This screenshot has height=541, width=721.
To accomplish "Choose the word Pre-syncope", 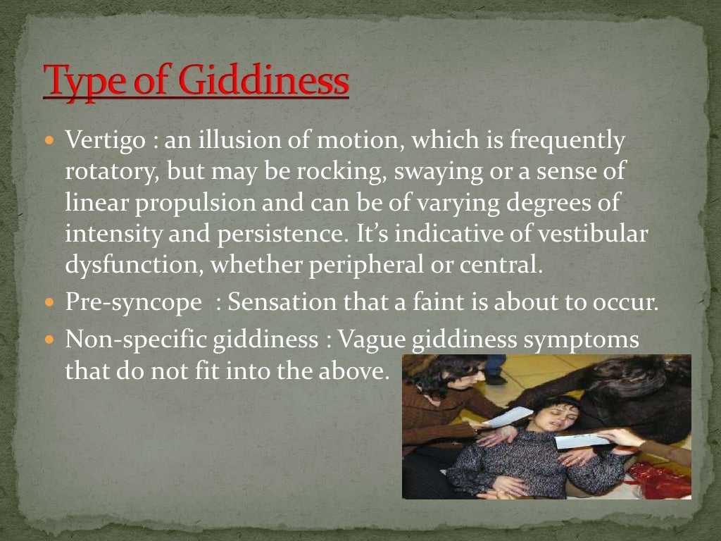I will pyautogui.click(x=133, y=304).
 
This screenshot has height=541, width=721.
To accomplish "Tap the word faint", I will pyautogui.click(x=447, y=304).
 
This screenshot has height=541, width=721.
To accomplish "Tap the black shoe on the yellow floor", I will pyautogui.click(x=496, y=379).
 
